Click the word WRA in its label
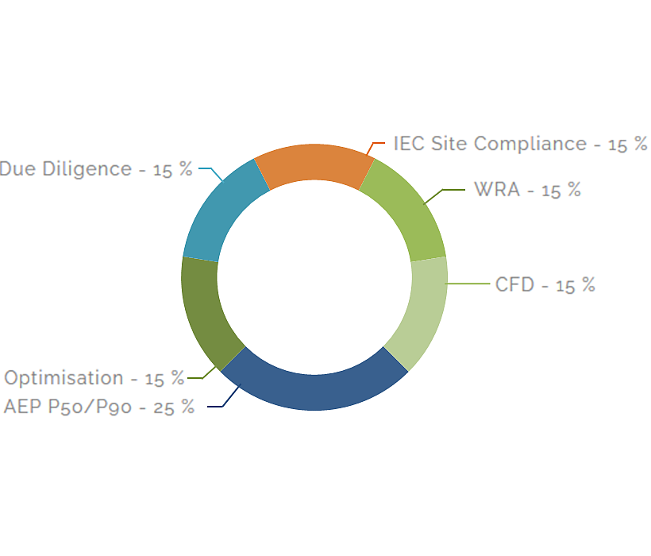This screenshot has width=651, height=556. tap(497, 191)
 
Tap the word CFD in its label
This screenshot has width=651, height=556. tap(514, 284)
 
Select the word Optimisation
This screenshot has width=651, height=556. tap(64, 378)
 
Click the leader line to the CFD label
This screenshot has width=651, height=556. tap(468, 284)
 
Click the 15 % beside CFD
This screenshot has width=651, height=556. tap(575, 285)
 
